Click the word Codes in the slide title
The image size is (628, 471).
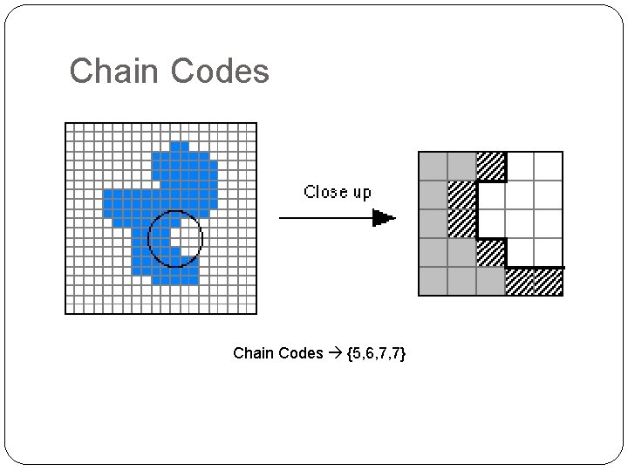point(220,71)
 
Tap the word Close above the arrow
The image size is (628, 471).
point(324,192)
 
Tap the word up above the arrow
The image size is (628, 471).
point(360,193)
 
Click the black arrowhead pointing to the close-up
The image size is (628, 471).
point(384,218)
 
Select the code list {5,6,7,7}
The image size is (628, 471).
point(376,353)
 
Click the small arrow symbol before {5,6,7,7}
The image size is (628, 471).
point(336,353)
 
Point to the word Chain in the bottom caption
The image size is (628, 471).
point(253,353)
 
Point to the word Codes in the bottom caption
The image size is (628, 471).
point(301,353)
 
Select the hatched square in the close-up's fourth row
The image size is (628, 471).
point(491,252)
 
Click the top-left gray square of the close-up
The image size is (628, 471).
point(433,166)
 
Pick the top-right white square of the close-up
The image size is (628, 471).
point(549,166)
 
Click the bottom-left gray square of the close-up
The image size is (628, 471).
point(433,281)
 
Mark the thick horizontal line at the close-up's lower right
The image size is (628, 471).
point(536,267)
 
